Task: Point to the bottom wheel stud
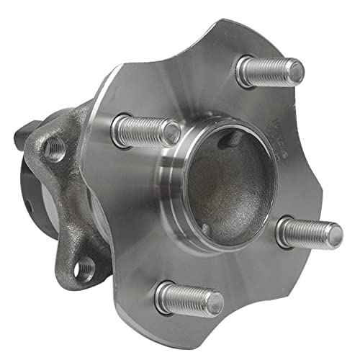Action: [189, 297]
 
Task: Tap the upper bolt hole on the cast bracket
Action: [53, 148]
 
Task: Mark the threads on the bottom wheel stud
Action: [186, 296]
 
